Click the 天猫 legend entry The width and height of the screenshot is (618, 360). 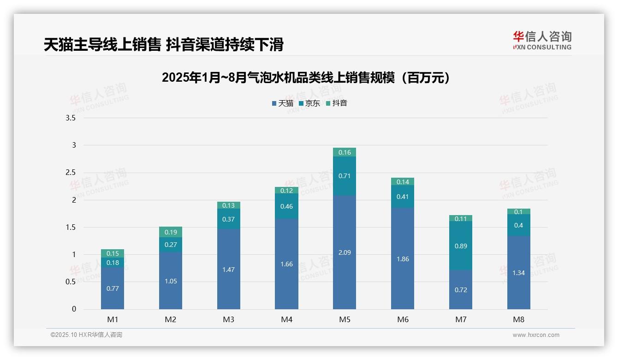point(283,103)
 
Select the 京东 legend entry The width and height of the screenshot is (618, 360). point(309,103)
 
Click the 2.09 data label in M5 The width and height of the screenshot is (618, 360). point(345,252)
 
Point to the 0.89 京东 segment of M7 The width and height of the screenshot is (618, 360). point(461,246)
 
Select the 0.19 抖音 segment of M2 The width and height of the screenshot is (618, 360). point(171,232)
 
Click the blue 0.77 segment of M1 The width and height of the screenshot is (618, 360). point(113,288)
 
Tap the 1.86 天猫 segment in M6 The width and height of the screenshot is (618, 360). point(403,259)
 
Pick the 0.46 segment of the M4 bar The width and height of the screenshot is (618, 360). point(286,206)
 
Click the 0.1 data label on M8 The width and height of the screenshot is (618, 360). point(518,212)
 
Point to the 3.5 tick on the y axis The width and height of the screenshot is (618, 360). point(71,118)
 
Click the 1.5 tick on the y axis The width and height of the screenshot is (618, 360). point(71,227)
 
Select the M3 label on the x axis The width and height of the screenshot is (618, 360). point(229,319)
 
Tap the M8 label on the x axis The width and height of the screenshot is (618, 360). point(518,319)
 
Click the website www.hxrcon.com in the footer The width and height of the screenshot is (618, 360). point(536,335)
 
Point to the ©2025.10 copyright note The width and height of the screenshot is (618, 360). point(86,335)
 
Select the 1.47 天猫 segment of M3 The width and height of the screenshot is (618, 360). point(229,269)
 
